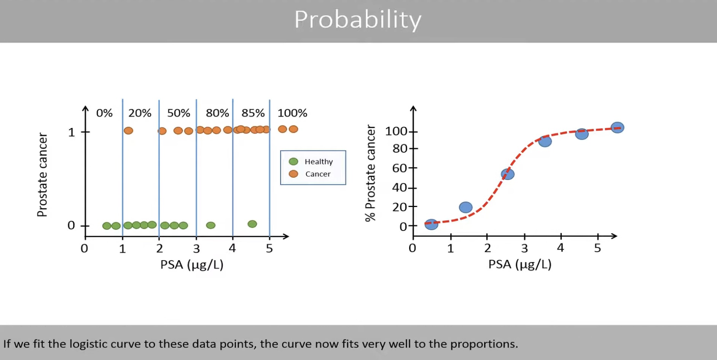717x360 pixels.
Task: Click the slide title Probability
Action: pyautogui.click(x=358, y=19)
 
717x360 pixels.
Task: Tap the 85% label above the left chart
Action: pyautogui.click(x=253, y=113)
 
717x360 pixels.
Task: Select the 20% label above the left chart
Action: pyautogui.click(x=140, y=113)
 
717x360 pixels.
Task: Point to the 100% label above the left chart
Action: pyautogui.click(x=292, y=113)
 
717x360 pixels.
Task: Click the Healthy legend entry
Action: pyautogui.click(x=318, y=162)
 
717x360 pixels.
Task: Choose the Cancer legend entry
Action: pyautogui.click(x=317, y=174)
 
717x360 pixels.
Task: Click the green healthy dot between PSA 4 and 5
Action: pyautogui.click(x=252, y=224)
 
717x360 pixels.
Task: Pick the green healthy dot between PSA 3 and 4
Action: pyautogui.click(x=210, y=225)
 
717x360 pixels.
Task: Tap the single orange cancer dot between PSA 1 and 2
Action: pyautogui.click(x=128, y=131)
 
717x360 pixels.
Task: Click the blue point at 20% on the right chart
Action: pyautogui.click(x=465, y=207)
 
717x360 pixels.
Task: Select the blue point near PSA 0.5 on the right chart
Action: pyautogui.click(x=431, y=224)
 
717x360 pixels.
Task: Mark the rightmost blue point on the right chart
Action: pyautogui.click(x=617, y=127)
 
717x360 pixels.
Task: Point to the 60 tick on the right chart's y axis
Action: pyautogui.click(x=400, y=168)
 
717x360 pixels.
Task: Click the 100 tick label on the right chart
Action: pyautogui.click(x=396, y=131)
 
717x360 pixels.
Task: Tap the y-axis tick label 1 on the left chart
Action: pyautogui.click(x=71, y=132)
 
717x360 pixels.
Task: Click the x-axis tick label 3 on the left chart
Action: pyautogui.click(x=196, y=249)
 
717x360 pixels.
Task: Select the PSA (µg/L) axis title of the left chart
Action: pyautogui.click(x=191, y=264)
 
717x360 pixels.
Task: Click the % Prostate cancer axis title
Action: pyautogui.click(x=370, y=173)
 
